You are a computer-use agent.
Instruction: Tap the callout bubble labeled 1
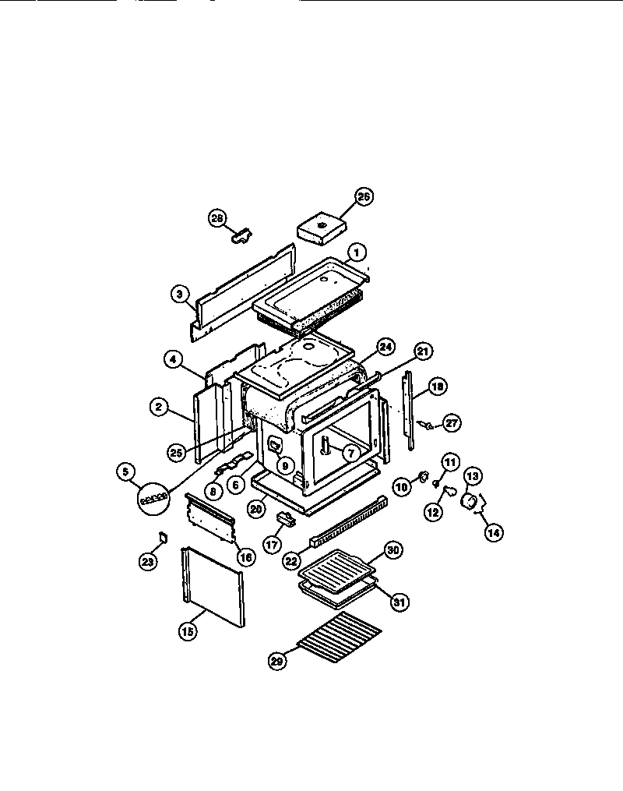click(355, 252)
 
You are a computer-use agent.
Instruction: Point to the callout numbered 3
click(180, 294)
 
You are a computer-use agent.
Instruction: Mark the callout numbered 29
click(277, 660)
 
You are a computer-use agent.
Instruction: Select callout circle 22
click(291, 560)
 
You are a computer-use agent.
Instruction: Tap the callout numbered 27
click(452, 423)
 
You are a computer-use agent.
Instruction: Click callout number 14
click(493, 533)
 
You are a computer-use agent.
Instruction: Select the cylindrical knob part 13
click(470, 499)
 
